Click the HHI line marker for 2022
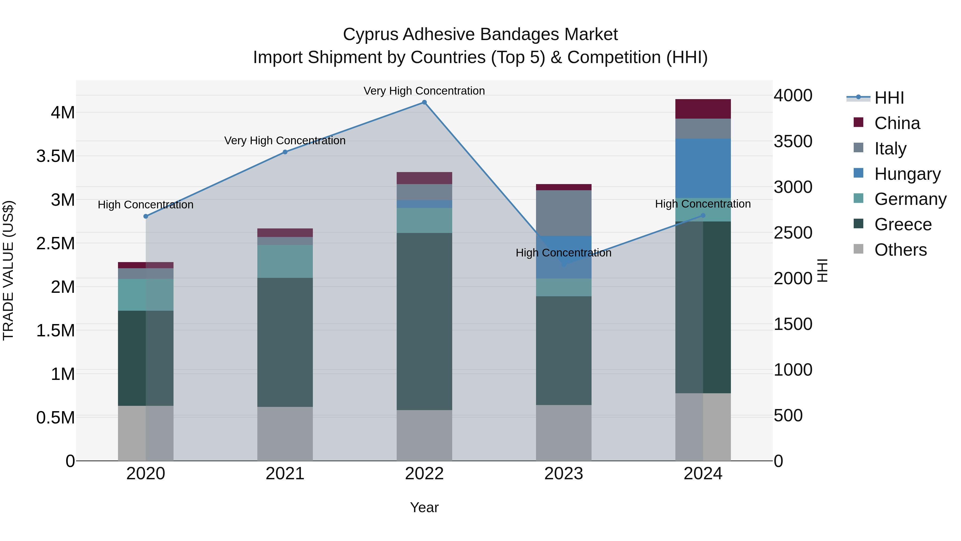[x=424, y=102]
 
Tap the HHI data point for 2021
[x=285, y=152]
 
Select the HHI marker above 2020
[x=146, y=216]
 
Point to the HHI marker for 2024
[x=703, y=215]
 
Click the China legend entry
[x=897, y=123]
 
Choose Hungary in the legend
[x=907, y=174]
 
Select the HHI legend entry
[x=889, y=98]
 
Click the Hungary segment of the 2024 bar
[x=703, y=168]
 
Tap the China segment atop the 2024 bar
[x=703, y=109]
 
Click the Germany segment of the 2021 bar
[x=285, y=261]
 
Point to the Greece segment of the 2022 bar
[x=424, y=321]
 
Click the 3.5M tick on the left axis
[x=56, y=156]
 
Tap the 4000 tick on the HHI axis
[x=793, y=96]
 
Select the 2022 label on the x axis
[x=424, y=474]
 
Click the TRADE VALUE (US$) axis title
[x=8, y=270]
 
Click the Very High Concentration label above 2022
[x=424, y=91]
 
